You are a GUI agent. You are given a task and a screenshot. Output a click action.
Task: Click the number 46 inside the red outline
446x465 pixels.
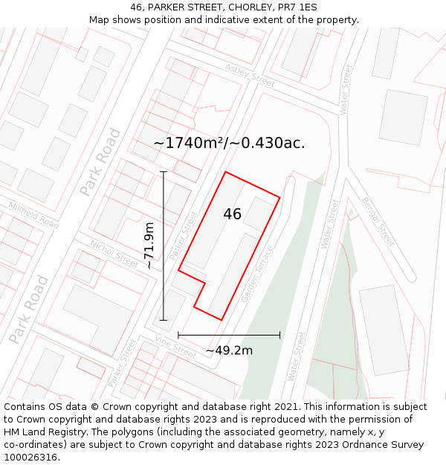[x=232, y=214]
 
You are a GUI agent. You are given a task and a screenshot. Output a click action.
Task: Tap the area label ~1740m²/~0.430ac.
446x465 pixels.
[x=229, y=143]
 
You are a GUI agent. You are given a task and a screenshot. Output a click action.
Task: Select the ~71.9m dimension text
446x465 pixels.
[x=149, y=246]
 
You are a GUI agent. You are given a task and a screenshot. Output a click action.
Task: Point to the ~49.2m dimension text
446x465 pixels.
[x=229, y=350]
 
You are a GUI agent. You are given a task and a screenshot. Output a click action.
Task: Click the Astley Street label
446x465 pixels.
[x=251, y=73]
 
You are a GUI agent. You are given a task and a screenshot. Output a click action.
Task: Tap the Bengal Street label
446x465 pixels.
[x=378, y=221]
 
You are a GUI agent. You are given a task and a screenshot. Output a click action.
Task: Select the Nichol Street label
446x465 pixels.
[x=114, y=253]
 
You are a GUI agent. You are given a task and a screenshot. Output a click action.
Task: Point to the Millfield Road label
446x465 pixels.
[x=33, y=215]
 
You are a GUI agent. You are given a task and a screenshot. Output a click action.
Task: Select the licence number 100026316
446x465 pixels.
[x=30, y=458]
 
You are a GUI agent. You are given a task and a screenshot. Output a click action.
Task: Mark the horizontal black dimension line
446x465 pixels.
[x=229, y=336]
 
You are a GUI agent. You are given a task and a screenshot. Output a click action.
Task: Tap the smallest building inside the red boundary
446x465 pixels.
[x=259, y=214]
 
